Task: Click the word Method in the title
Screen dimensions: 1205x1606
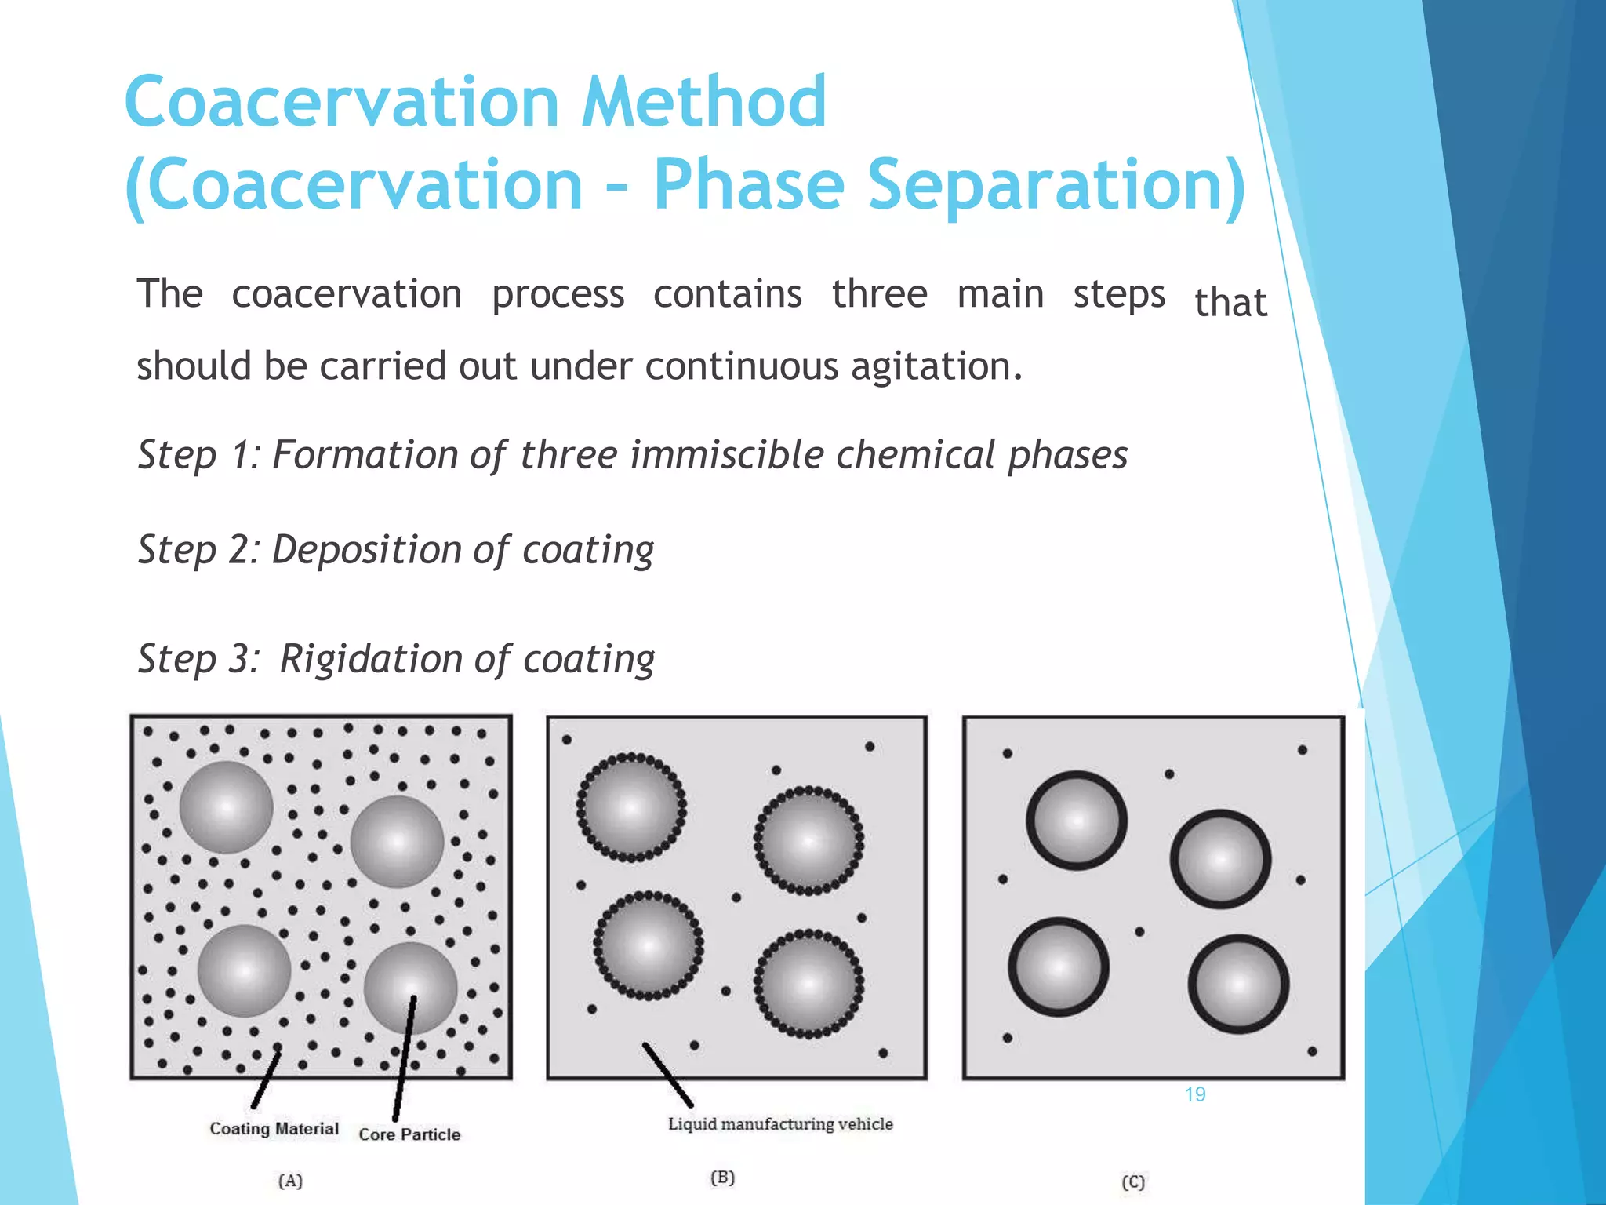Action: (x=703, y=102)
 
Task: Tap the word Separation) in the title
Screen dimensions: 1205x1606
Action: (x=1056, y=185)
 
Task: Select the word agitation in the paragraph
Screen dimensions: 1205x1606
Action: (x=936, y=366)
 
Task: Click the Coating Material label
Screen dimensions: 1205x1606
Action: (x=274, y=1128)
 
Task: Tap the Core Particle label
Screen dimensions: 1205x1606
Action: (x=409, y=1134)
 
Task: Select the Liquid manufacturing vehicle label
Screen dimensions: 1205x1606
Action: (x=779, y=1124)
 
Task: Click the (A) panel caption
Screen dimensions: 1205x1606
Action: (x=290, y=1181)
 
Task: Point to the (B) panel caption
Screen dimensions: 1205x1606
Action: (x=722, y=1178)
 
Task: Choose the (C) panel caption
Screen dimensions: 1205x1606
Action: (x=1132, y=1181)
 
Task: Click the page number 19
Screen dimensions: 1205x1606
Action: (x=1194, y=1094)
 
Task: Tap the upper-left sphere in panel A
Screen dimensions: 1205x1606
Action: (x=227, y=807)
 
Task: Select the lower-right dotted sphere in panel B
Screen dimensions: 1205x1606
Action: (x=808, y=983)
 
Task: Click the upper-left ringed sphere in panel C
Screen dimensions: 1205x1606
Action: (x=1077, y=821)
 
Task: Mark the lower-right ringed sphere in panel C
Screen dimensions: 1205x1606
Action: (x=1238, y=984)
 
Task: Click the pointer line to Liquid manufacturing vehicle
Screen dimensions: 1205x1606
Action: (x=667, y=1074)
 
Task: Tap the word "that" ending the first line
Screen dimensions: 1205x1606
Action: (x=1230, y=303)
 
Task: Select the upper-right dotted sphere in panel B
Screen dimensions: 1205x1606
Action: (x=808, y=841)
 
